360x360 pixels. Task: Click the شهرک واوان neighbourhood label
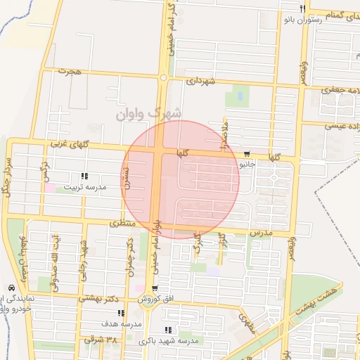click(x=150, y=112)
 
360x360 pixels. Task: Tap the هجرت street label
click(x=71, y=72)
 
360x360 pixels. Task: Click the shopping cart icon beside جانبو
click(x=246, y=154)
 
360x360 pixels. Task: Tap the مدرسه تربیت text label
click(x=84, y=188)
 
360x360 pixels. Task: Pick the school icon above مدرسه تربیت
click(x=84, y=176)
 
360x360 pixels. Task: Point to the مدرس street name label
click(x=261, y=231)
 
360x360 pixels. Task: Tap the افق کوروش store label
click(x=174, y=300)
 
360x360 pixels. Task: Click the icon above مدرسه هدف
click(x=121, y=313)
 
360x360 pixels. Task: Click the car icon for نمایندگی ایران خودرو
click(x=10, y=288)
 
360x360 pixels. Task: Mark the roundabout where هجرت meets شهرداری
click(x=163, y=77)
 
